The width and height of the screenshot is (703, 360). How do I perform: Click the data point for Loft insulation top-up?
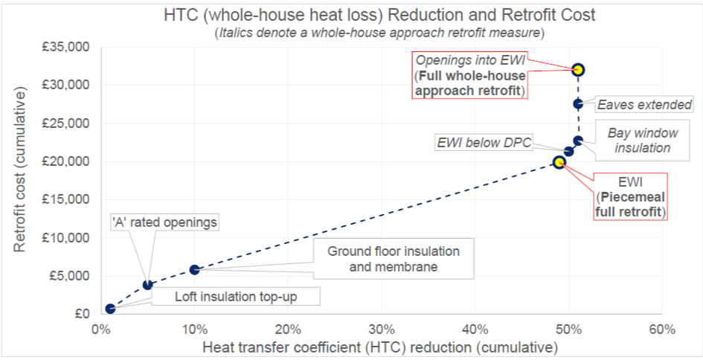[x=110, y=309]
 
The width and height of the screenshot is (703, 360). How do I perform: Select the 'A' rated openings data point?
[x=147, y=285]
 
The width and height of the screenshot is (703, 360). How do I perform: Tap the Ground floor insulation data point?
[x=194, y=269]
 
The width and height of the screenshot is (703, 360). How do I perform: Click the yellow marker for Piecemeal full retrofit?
[x=559, y=162]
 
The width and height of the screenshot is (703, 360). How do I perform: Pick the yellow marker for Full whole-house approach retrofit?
[x=578, y=69]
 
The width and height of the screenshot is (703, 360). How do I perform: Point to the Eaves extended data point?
[x=578, y=103]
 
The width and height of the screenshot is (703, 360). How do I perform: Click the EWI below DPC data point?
[x=568, y=151]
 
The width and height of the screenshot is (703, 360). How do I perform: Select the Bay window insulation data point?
[x=578, y=141]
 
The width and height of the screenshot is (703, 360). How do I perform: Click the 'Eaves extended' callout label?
[x=644, y=105]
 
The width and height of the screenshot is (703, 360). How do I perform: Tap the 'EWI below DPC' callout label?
[x=484, y=143]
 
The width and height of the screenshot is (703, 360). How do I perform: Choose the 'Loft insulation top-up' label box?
[x=236, y=296]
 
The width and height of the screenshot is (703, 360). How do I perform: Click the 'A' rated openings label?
[x=165, y=222]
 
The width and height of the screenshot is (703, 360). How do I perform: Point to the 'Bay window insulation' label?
[x=643, y=141]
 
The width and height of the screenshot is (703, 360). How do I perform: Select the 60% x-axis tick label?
[x=662, y=330]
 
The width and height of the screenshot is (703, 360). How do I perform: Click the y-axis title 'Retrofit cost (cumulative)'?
[x=21, y=170]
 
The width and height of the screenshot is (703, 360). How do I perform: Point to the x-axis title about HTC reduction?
[x=381, y=347]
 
